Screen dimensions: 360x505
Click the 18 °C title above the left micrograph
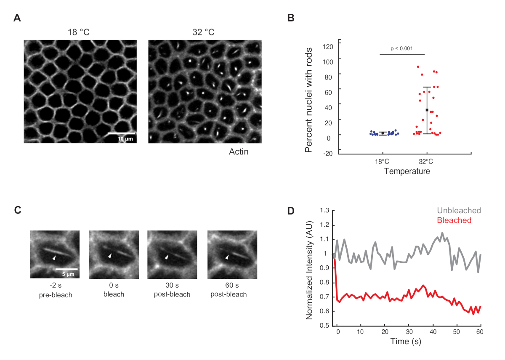tap(80, 32)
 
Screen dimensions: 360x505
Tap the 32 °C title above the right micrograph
tap(204, 32)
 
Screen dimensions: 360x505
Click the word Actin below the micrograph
tap(238, 152)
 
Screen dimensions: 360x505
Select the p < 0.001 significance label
tap(402, 48)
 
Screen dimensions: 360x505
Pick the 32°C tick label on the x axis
tap(426, 162)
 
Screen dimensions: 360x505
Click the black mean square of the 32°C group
tap(427, 110)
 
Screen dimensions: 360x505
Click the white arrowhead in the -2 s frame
tap(53, 257)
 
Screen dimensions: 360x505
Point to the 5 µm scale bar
tap(66, 269)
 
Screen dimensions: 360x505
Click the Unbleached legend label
tap(459, 211)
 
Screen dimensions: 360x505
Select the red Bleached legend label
tap(454, 220)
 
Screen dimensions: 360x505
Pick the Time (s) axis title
tap(404, 341)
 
